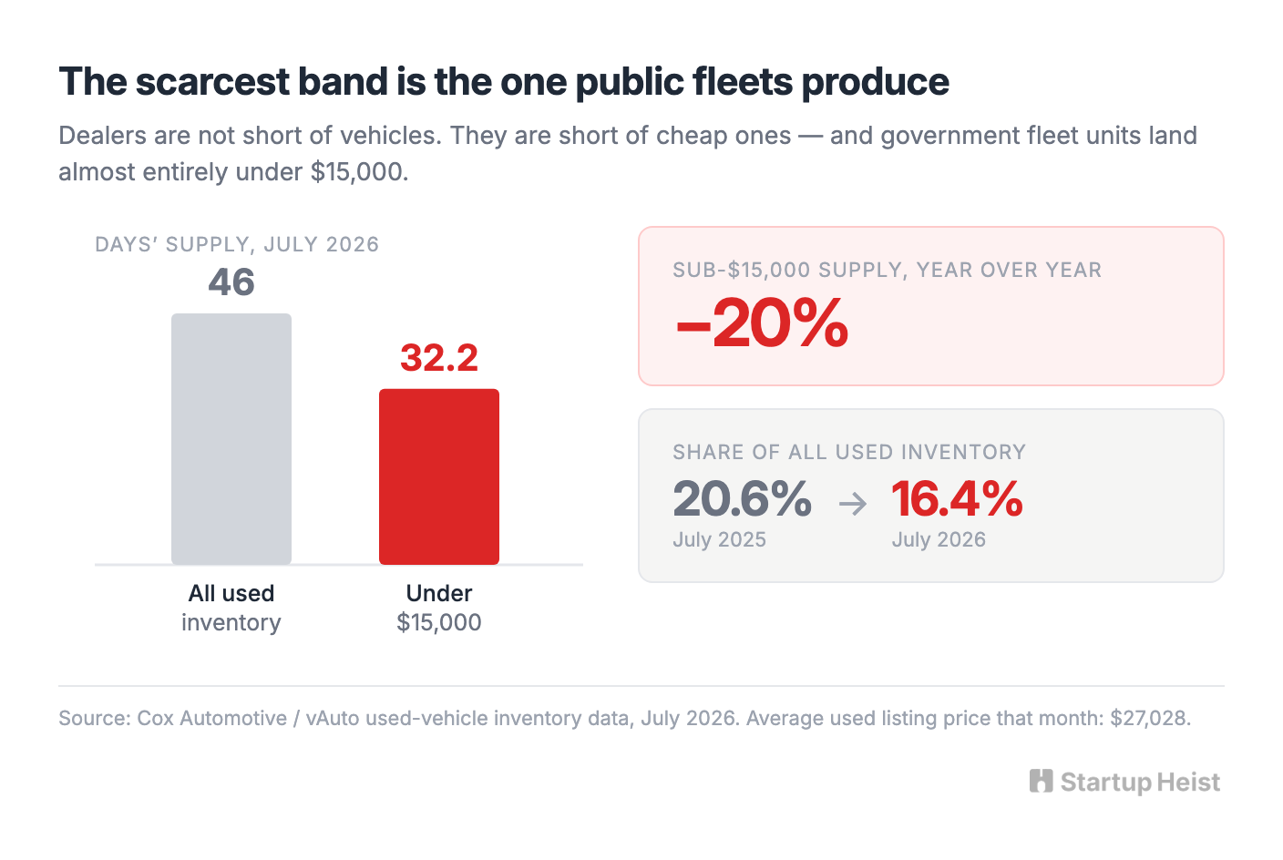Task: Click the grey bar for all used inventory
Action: click(231, 438)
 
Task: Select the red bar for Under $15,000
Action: click(439, 476)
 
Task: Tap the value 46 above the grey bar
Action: click(231, 282)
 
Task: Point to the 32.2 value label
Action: click(439, 358)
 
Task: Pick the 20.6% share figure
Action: click(743, 498)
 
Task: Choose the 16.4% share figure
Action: click(957, 498)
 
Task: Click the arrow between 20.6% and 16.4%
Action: click(853, 504)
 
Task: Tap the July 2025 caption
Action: click(719, 540)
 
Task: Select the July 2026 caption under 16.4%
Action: click(939, 540)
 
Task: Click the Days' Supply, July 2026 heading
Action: click(237, 244)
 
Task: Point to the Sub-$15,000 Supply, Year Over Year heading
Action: click(888, 270)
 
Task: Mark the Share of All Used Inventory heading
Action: click(849, 453)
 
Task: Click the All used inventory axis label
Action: click(231, 608)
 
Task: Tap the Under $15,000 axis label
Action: click(439, 608)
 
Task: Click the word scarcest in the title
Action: click(212, 81)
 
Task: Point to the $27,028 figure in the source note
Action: click(1150, 718)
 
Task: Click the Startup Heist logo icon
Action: click(1042, 781)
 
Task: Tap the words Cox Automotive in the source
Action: click(212, 718)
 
